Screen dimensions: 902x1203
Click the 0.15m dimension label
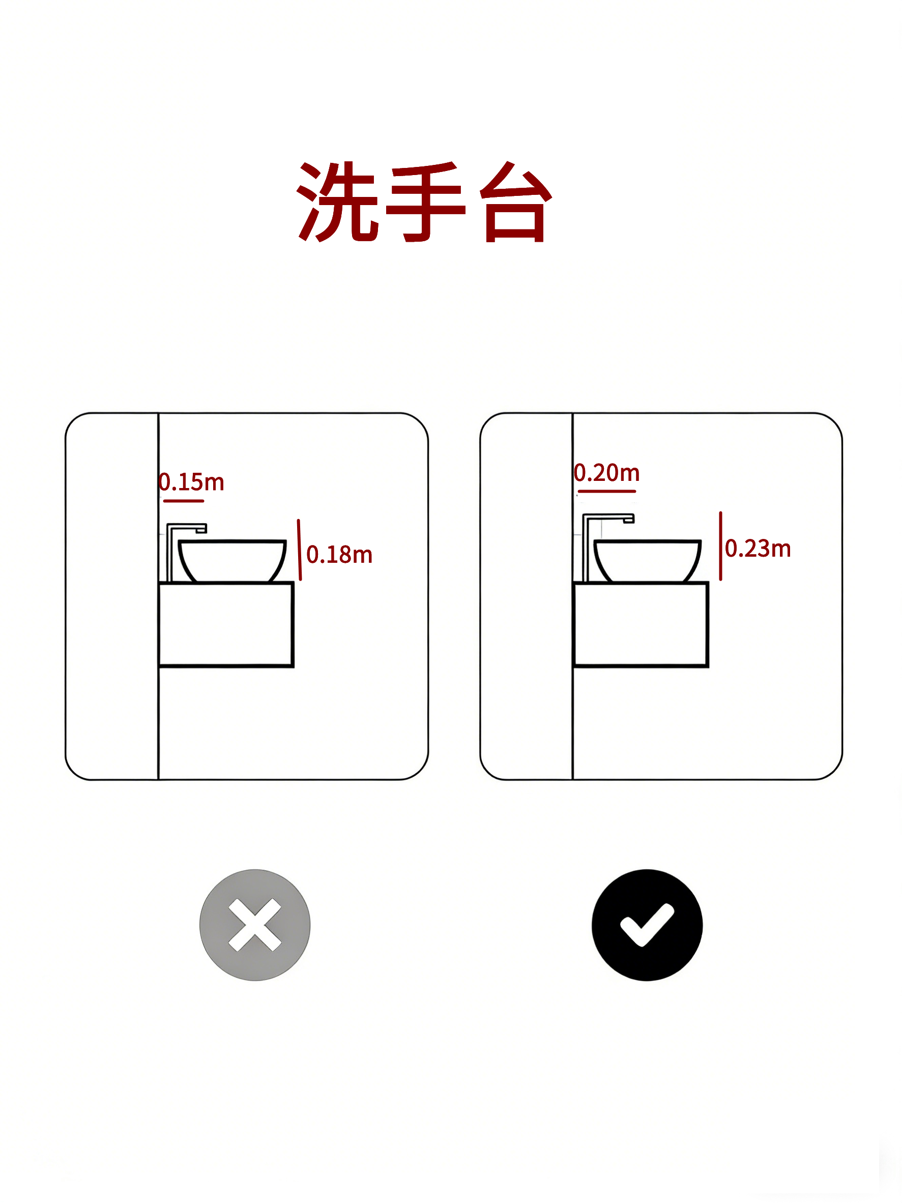coord(191,482)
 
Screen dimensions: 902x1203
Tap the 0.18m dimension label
coord(339,555)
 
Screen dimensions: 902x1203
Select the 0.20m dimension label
coord(607,473)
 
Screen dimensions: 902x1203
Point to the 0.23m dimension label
coord(758,548)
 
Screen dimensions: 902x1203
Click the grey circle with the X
coord(255,925)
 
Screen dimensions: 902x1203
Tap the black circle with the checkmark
coord(647,925)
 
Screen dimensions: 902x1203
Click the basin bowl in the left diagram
coord(232,561)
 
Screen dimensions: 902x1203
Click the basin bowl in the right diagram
coord(647,561)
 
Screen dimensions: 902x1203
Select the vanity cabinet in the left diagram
coord(226,624)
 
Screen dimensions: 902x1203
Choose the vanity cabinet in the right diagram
coord(641,624)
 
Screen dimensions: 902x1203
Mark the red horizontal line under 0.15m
coord(183,501)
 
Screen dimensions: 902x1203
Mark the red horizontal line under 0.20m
coord(607,491)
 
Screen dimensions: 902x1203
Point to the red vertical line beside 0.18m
coord(299,550)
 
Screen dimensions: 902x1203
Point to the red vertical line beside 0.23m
coord(721,546)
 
